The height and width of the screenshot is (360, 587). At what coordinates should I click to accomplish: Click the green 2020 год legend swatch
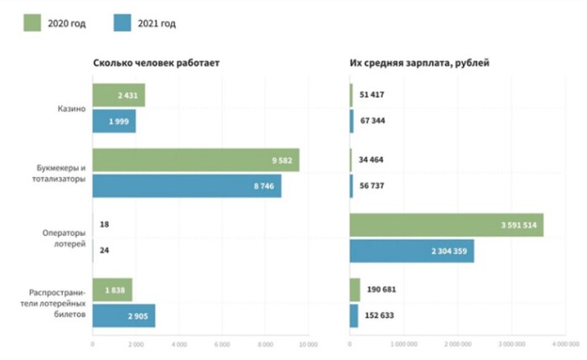tap(34, 23)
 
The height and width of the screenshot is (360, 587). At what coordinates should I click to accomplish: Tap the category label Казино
tap(72, 109)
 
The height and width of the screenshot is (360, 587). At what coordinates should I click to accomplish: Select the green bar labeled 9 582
tap(195, 160)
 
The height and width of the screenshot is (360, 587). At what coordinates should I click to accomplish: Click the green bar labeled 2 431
tap(118, 96)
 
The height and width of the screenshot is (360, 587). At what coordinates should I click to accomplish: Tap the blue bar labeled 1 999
tap(114, 122)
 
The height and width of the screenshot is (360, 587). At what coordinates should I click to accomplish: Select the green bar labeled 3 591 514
tap(446, 225)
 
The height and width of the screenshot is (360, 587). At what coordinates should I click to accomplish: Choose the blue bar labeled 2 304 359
tap(412, 251)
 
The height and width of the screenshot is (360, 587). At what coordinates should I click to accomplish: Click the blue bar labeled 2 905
tap(123, 316)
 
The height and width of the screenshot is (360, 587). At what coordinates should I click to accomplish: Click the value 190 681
tap(379, 290)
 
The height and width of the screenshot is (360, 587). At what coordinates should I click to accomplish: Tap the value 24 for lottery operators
tap(104, 251)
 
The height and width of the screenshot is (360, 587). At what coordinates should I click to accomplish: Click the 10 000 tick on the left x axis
tap(308, 343)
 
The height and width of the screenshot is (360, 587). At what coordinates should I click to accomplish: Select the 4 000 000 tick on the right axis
tap(566, 343)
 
